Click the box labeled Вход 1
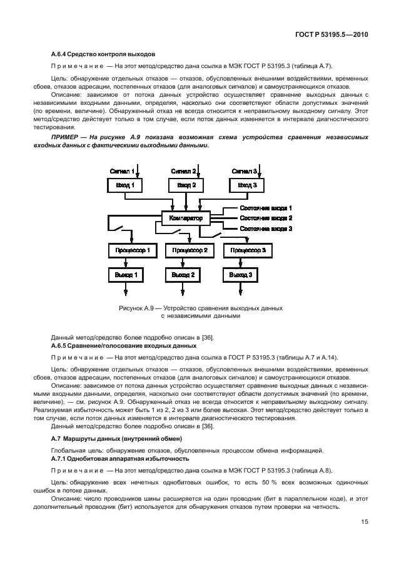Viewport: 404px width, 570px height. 125,185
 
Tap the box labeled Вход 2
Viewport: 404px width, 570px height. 186,185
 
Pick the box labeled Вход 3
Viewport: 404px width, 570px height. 246,185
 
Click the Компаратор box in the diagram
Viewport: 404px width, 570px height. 186,219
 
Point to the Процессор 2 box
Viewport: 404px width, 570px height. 189,250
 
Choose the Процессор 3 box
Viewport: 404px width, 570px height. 248,250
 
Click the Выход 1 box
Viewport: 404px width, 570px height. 125,274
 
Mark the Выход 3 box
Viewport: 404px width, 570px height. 241,274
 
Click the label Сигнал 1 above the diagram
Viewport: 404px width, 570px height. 122,170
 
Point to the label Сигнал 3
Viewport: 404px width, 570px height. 244,170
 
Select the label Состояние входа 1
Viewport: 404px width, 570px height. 266,208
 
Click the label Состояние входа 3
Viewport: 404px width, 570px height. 266,228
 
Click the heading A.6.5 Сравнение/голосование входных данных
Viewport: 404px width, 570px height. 123,345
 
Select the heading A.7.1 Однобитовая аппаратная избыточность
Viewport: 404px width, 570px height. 119,458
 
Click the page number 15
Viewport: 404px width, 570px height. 364,524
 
